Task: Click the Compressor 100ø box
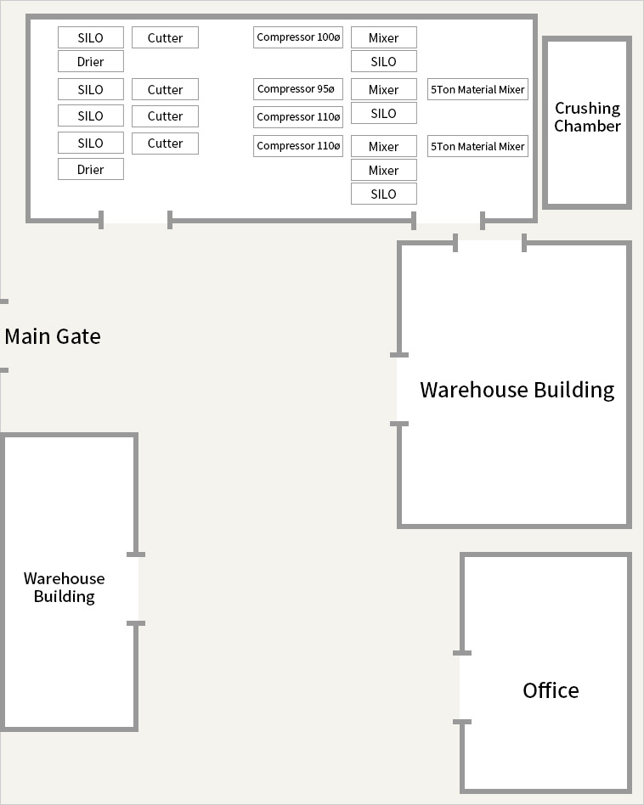click(x=298, y=37)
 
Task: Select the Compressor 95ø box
click(x=298, y=89)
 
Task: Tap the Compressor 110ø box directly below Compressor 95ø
click(x=298, y=117)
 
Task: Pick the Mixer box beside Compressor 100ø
click(x=384, y=37)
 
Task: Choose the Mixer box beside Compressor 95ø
click(x=384, y=89)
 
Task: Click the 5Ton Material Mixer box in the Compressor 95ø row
click(x=477, y=89)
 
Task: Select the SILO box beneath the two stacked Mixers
click(x=384, y=194)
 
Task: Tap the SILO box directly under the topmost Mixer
click(x=384, y=62)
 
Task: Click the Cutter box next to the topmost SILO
click(x=165, y=37)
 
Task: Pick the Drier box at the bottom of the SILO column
click(x=90, y=170)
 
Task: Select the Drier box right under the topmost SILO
click(x=90, y=62)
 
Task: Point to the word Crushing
click(x=588, y=109)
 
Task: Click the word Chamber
click(x=588, y=126)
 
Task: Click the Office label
click(x=551, y=690)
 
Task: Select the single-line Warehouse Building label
click(x=517, y=390)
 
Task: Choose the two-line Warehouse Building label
click(x=65, y=588)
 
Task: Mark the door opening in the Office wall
click(x=462, y=688)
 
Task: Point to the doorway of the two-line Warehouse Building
click(x=136, y=588)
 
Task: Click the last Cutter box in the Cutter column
click(x=165, y=144)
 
